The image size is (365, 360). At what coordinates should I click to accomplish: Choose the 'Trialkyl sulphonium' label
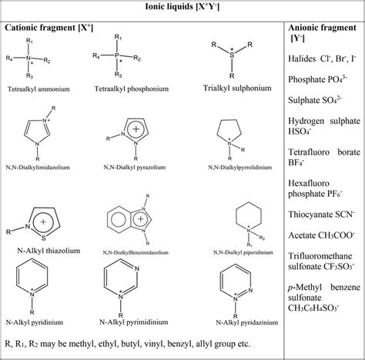pos(232,89)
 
